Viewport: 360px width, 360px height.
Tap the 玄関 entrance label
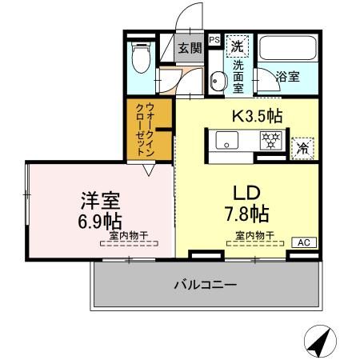pos(189,47)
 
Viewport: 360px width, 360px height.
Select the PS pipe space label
pos(214,38)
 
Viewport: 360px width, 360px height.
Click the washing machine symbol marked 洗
pos(237,46)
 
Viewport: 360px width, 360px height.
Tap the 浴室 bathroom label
pos(288,78)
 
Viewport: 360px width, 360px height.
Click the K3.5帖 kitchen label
pos(257,115)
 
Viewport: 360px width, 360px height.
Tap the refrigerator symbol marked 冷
pos(302,147)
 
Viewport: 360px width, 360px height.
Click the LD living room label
pos(246,194)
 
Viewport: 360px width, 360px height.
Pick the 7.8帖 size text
pos(246,214)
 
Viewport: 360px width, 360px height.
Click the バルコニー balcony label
pos(206,285)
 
